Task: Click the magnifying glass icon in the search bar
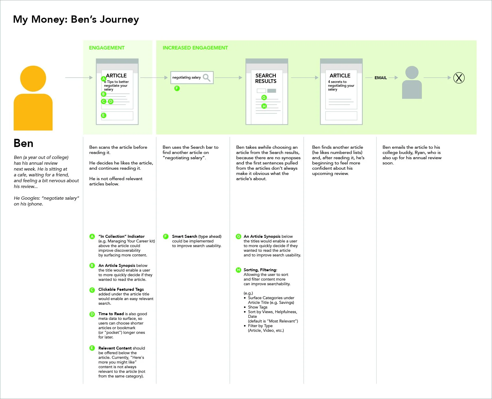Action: [x=207, y=77]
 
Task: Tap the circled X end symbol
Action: [x=459, y=78]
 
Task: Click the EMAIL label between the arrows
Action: [x=381, y=78]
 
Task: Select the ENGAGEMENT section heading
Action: [x=107, y=48]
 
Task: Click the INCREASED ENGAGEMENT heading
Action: [x=195, y=48]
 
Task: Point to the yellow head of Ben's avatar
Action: [x=33, y=79]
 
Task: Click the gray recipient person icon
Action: [x=412, y=83]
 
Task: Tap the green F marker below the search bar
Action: [x=177, y=88]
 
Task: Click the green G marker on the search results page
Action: [x=264, y=97]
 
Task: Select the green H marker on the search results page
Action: [x=264, y=106]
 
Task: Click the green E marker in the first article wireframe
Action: [x=104, y=116]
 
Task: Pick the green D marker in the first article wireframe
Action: [x=111, y=101]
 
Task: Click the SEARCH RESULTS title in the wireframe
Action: [x=266, y=78]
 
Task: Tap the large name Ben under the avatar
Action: [x=24, y=143]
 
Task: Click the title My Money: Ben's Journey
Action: [x=76, y=19]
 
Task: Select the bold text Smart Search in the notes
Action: [x=184, y=236]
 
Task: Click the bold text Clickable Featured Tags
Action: [x=121, y=289]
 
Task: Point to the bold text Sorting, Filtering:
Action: [x=260, y=270]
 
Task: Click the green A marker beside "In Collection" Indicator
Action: [x=92, y=236]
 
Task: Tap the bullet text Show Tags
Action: [x=257, y=307]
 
